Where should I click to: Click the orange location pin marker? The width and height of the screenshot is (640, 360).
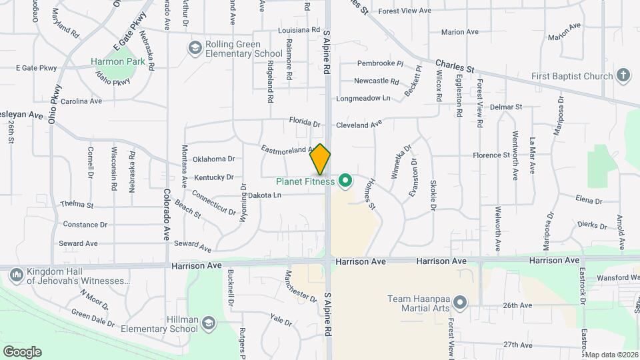point(320,159)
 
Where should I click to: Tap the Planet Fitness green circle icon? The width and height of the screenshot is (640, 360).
point(345,181)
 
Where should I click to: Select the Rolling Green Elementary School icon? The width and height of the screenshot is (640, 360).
point(195,47)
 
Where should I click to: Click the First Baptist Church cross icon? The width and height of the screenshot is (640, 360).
point(623,75)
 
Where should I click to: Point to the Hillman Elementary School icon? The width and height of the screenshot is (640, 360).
point(209,323)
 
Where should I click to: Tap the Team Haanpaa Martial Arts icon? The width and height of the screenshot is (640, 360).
point(460,304)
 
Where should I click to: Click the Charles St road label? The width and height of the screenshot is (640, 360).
point(455,67)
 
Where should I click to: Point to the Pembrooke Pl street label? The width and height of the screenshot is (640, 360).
point(380,64)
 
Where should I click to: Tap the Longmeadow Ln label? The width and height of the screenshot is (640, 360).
point(363,98)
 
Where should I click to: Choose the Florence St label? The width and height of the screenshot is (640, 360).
point(491,155)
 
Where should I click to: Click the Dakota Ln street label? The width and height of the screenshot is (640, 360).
point(265,195)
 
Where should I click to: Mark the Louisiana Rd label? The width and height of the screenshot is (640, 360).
point(298,31)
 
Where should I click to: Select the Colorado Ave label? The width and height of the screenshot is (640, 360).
point(166,215)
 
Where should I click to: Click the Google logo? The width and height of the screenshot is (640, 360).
point(22,352)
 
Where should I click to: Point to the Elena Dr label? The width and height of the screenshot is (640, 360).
point(589,200)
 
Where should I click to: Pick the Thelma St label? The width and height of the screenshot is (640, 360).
point(77,205)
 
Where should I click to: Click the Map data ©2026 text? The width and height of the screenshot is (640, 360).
point(611,354)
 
